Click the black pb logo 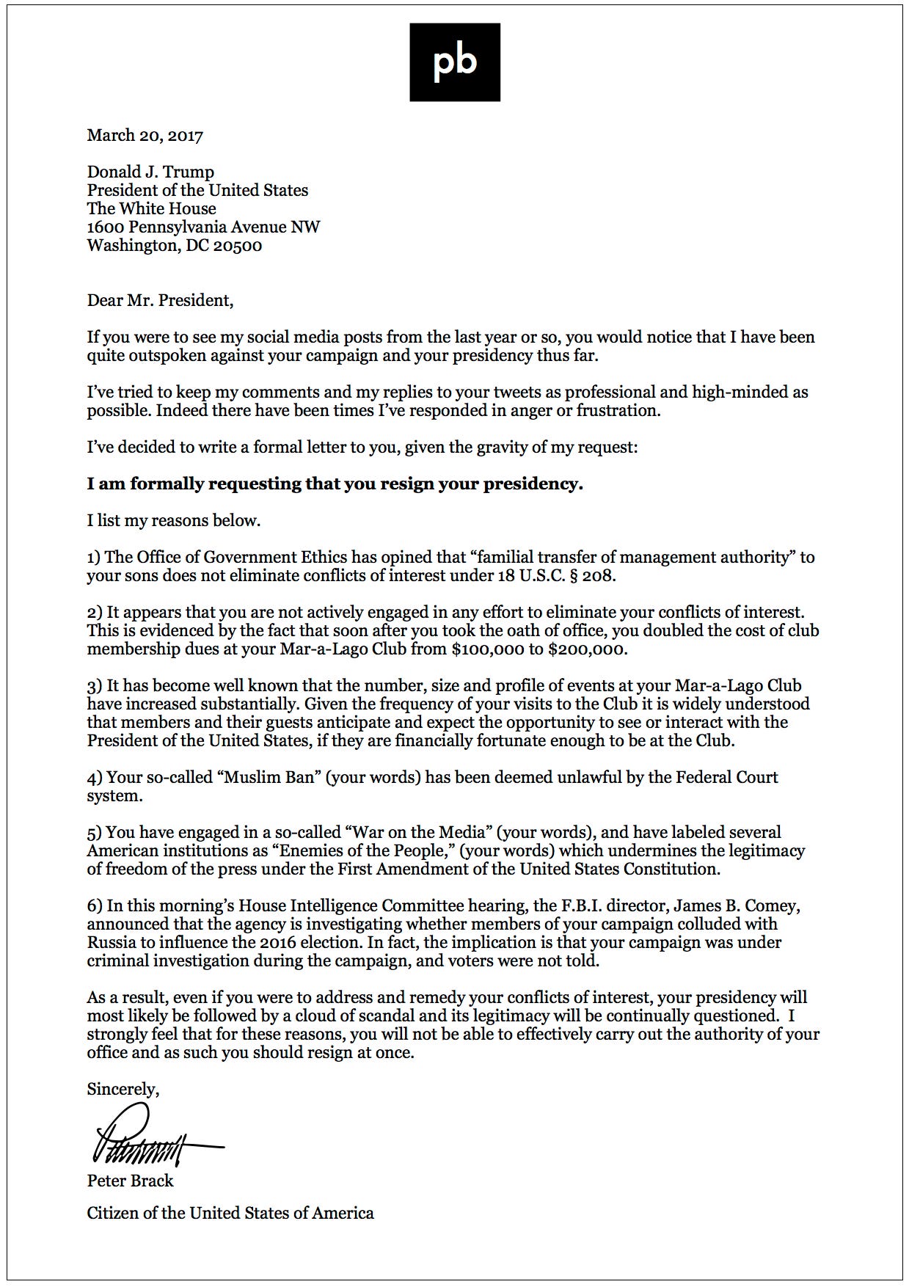coord(454,62)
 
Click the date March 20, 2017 coord(145,136)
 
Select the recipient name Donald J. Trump coord(150,172)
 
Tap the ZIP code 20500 coord(238,246)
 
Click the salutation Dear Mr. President coord(160,301)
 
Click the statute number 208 coord(597,576)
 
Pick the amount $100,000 coord(488,649)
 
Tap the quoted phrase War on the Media coord(420,833)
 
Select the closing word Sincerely coord(123,1090)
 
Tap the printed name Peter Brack coord(130,1181)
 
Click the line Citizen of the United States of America coord(230,1214)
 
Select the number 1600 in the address coord(105,227)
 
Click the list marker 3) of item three coord(95,687)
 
